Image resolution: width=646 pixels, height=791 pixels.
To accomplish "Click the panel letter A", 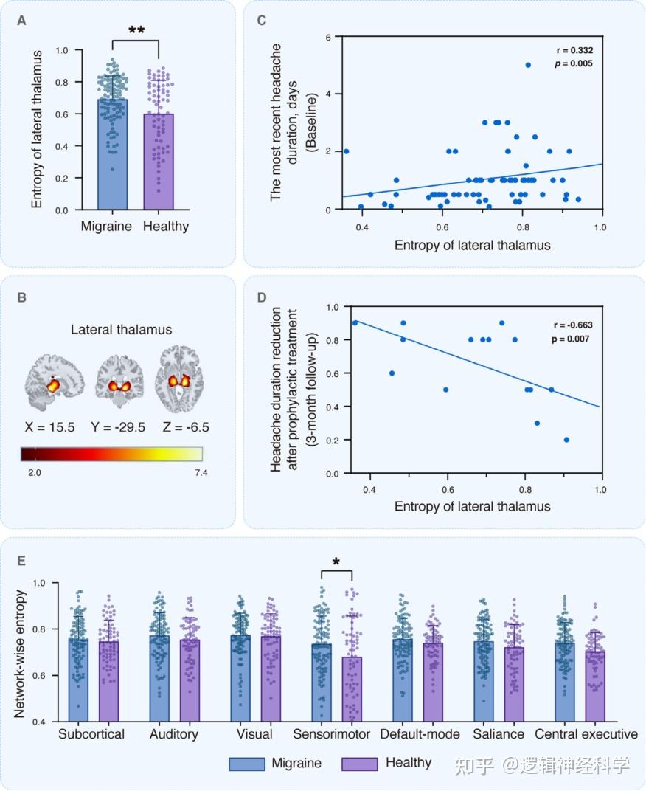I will pos(23,21).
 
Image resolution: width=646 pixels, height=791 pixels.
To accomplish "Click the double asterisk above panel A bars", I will pos(136,30).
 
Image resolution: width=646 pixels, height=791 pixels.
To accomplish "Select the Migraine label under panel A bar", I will pos(106,227).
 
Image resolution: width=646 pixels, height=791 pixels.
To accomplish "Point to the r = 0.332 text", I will pos(574,51).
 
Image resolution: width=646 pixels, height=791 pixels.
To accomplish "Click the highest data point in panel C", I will pos(528,65).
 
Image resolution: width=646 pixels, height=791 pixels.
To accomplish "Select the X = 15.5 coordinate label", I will pos(51,427).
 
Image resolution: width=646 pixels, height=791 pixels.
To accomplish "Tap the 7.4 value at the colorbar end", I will pos(200,473).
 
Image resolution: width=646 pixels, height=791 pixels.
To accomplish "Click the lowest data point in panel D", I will pos(566,440).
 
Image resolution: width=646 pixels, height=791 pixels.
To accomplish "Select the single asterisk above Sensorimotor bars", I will pos(336,562).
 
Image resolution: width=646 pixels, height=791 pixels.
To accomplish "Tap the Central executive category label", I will pos(586,734).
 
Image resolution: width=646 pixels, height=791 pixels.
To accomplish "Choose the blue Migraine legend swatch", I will pos(250,763).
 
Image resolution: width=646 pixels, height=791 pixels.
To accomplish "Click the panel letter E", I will pos(22,561).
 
